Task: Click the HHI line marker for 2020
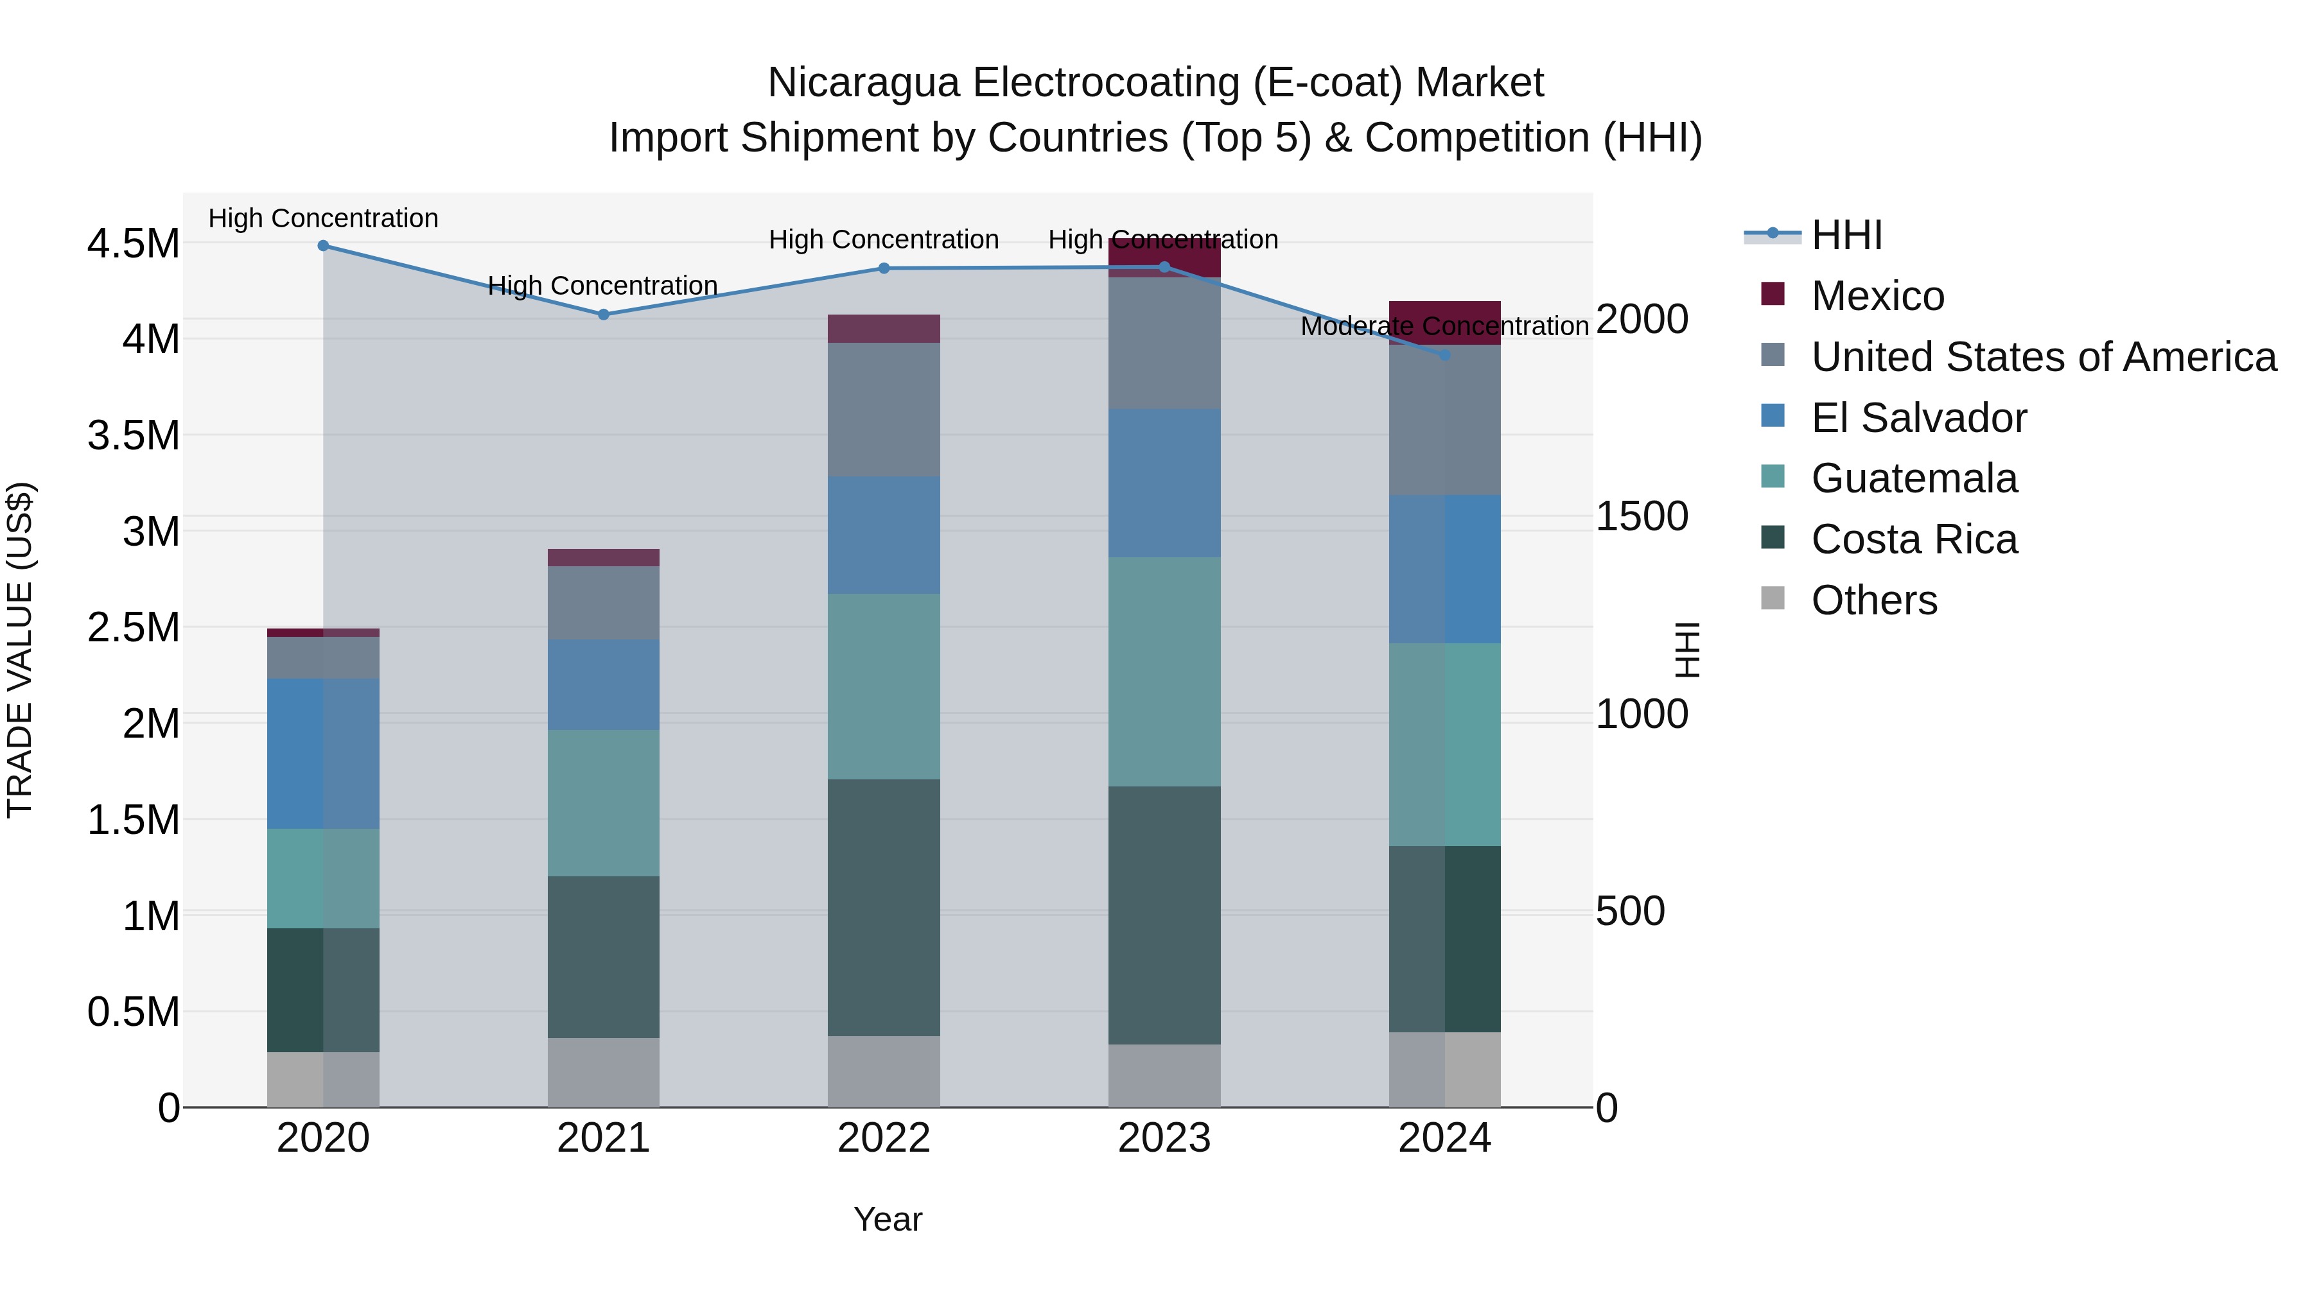(323, 245)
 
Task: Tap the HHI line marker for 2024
(1444, 355)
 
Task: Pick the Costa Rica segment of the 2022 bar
(883, 907)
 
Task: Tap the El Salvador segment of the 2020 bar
(323, 753)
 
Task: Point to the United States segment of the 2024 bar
(1444, 420)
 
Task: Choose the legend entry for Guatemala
(1914, 478)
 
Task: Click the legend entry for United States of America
(2043, 357)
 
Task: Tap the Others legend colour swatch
(1773, 598)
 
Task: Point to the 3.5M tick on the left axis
(133, 435)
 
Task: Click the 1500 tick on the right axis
(1642, 516)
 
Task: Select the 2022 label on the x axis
(883, 1138)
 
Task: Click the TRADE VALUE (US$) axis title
(20, 650)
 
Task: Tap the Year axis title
(887, 1219)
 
